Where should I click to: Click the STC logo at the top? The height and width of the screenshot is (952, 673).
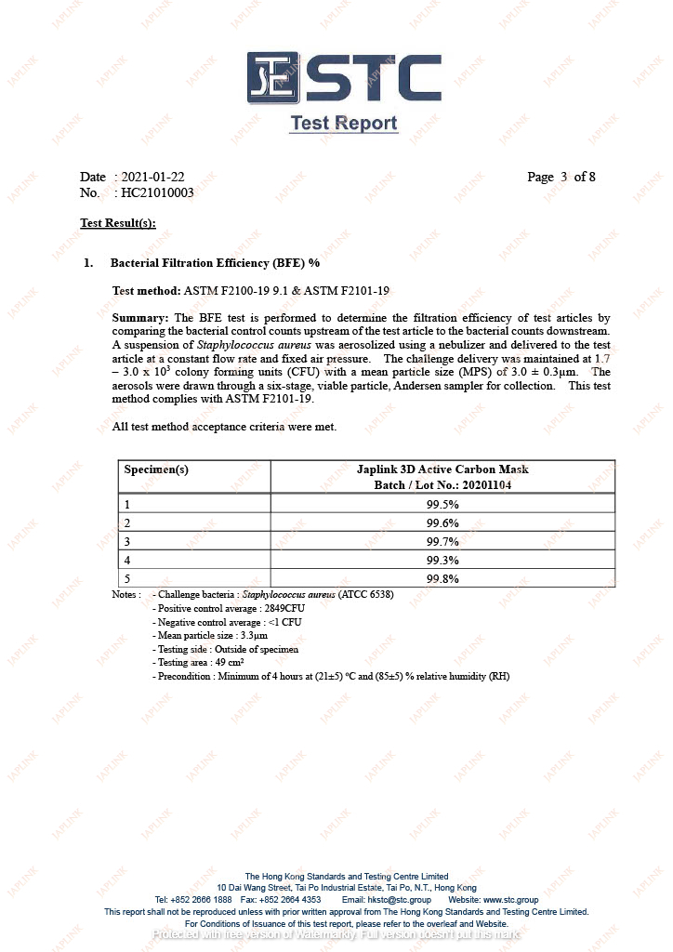click(x=343, y=78)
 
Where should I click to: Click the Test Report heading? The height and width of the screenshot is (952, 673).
click(x=343, y=124)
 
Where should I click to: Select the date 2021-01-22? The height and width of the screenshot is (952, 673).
click(x=152, y=177)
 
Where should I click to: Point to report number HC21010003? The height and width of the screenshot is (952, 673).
click(x=157, y=192)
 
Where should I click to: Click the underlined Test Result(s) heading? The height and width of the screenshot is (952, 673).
click(x=118, y=223)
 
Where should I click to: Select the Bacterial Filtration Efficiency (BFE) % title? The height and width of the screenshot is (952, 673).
click(x=215, y=263)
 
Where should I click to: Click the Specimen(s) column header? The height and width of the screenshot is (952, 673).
click(x=156, y=469)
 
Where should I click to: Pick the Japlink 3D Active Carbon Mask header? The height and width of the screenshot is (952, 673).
click(x=442, y=469)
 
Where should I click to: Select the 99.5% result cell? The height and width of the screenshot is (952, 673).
click(x=442, y=504)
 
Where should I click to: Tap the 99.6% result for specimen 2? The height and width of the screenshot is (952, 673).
click(x=442, y=522)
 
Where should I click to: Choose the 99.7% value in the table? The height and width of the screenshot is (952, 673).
click(x=442, y=541)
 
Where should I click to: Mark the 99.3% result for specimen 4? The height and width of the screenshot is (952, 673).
click(x=442, y=560)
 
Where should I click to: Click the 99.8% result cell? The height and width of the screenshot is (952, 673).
click(x=442, y=578)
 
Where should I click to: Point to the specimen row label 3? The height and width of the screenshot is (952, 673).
click(x=127, y=541)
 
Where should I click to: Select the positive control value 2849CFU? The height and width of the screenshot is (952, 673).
click(x=291, y=608)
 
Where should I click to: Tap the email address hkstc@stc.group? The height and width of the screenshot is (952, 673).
click(x=399, y=900)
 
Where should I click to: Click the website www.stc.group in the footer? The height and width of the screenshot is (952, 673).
click(x=508, y=900)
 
